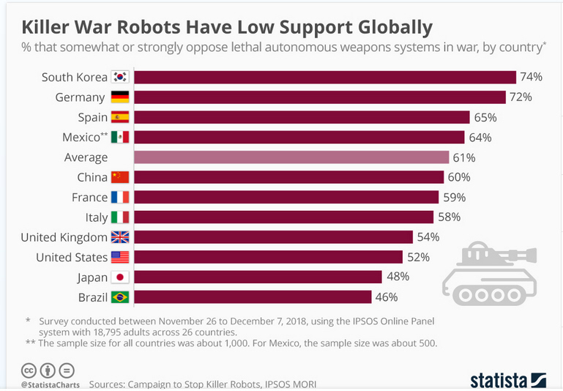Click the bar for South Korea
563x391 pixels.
(x=326, y=78)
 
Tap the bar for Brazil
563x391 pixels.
(x=253, y=297)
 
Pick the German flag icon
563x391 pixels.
(x=119, y=97)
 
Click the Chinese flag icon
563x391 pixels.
(x=119, y=177)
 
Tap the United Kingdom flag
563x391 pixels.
(x=119, y=237)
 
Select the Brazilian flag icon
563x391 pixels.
(x=119, y=297)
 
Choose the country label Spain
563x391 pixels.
(x=92, y=117)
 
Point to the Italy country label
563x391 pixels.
(x=97, y=217)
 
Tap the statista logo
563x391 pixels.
(x=508, y=380)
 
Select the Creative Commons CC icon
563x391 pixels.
(x=29, y=370)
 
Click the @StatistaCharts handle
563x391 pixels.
(x=50, y=384)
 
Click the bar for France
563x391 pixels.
(x=286, y=197)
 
